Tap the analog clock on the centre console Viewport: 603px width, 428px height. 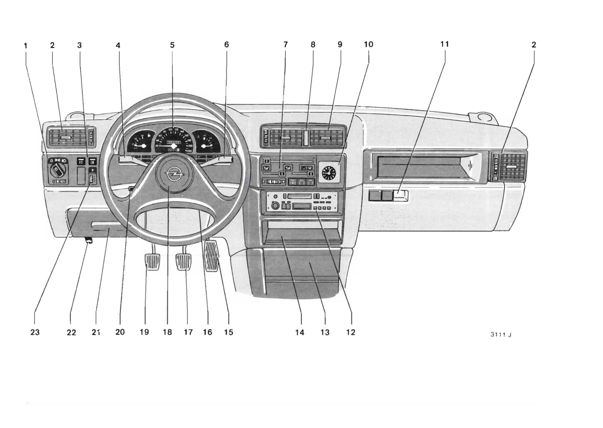click(x=328, y=172)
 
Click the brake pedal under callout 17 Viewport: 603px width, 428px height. click(x=184, y=262)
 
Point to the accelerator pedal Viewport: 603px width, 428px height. click(x=212, y=254)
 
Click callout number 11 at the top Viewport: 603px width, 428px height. click(x=444, y=44)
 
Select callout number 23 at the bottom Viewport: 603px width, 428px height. click(x=35, y=332)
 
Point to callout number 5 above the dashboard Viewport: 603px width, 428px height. click(x=172, y=45)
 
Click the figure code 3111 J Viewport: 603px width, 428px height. click(x=501, y=335)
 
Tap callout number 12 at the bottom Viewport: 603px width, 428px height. click(x=351, y=332)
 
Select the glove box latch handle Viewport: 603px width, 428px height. click(x=401, y=195)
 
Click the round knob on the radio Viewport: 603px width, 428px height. click(x=275, y=205)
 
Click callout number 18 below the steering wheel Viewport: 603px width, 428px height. click(x=167, y=332)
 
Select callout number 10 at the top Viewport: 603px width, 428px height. click(x=368, y=44)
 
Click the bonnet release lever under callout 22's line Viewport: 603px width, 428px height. click(x=88, y=239)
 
